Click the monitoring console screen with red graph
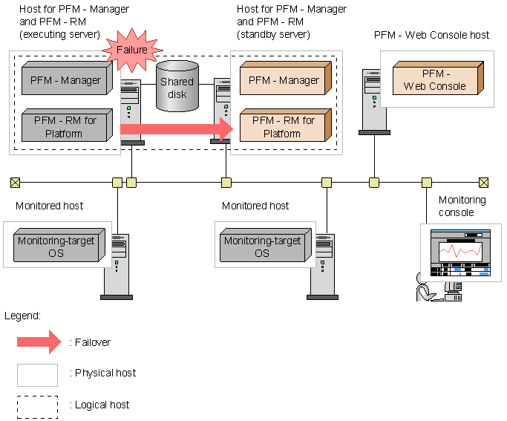point(461,252)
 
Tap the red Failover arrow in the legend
point(38,342)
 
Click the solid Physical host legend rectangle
point(38,374)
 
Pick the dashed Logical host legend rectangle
point(38,406)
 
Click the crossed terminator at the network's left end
point(15,182)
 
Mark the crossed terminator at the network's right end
point(484,182)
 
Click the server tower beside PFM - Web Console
point(373,101)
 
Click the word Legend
point(22,316)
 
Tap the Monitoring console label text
point(462,206)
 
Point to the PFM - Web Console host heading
point(432,35)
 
